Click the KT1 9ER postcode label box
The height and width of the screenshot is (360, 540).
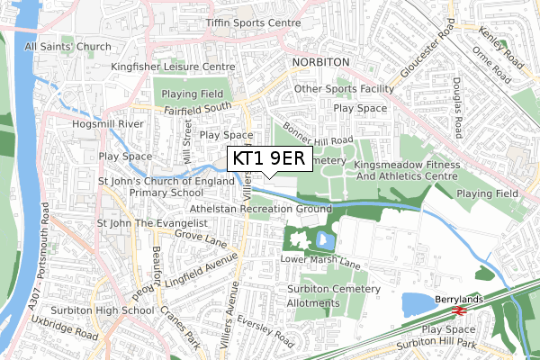[x=269, y=158]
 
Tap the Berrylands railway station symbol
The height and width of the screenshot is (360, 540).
[x=457, y=310]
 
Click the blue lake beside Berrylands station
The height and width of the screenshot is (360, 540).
[x=421, y=305]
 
